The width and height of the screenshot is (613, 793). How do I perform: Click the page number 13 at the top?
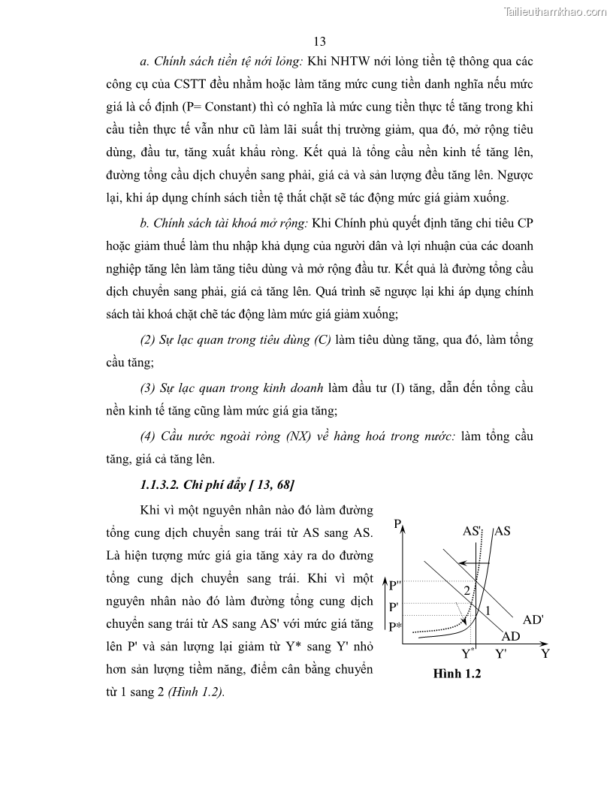[x=319, y=41]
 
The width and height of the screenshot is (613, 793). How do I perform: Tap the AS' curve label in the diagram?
[x=473, y=530]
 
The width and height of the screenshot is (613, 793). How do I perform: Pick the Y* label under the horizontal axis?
[x=468, y=653]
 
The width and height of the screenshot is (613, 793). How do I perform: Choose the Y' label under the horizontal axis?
[x=501, y=653]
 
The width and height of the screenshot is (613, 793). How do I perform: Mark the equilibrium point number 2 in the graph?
[x=467, y=591]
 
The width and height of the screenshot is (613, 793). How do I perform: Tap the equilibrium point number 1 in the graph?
[x=488, y=611]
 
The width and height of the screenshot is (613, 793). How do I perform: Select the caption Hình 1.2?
[x=457, y=674]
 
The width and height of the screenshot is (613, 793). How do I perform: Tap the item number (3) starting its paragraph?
[x=148, y=388]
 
